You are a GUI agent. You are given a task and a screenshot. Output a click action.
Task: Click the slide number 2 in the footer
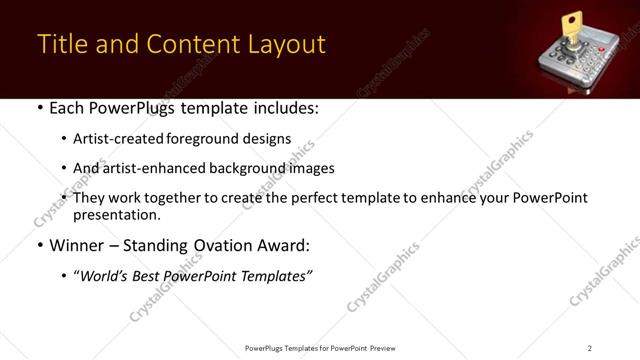(589, 347)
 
